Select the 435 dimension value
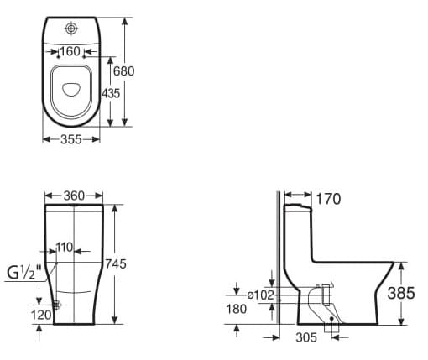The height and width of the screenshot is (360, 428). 110,93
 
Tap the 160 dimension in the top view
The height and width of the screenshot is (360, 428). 70,51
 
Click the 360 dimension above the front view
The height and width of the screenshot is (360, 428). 74,196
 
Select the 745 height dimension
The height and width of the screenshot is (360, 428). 115,263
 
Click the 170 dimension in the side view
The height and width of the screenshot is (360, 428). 329,199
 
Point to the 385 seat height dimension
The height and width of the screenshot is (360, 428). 400,293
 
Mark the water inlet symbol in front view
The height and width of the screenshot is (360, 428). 56,305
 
